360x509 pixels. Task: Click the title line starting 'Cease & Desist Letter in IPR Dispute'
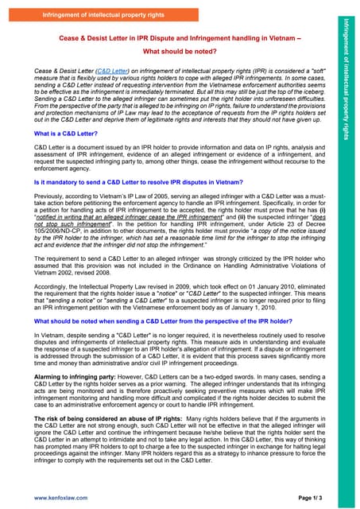pos(172,38)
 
